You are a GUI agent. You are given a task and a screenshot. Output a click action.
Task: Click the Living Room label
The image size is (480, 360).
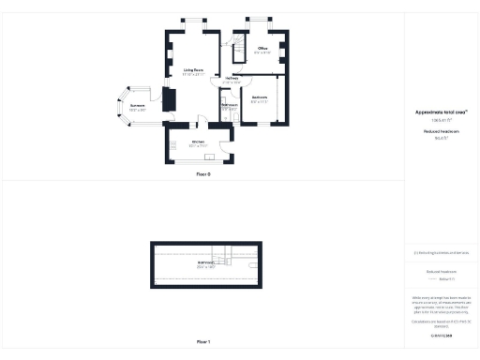193,70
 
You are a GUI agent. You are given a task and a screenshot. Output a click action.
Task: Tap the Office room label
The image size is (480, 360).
262,48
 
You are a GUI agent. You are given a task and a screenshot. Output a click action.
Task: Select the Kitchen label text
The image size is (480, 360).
198,142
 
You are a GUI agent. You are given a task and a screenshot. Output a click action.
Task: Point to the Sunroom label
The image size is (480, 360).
136,105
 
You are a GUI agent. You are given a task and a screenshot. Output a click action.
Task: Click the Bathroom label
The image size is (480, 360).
229,104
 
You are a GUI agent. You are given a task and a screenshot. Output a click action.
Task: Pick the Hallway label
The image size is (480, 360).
218,78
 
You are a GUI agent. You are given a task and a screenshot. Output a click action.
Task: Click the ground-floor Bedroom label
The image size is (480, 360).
260,97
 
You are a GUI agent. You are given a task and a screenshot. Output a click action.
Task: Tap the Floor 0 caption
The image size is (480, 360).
203,174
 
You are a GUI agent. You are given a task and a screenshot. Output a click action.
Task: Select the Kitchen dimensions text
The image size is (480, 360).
198,146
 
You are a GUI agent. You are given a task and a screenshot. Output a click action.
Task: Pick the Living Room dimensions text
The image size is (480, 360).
193,75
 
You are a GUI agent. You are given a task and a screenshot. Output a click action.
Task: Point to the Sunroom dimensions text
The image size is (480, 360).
136,110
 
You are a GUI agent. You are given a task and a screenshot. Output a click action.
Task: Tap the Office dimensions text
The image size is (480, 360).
262,52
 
